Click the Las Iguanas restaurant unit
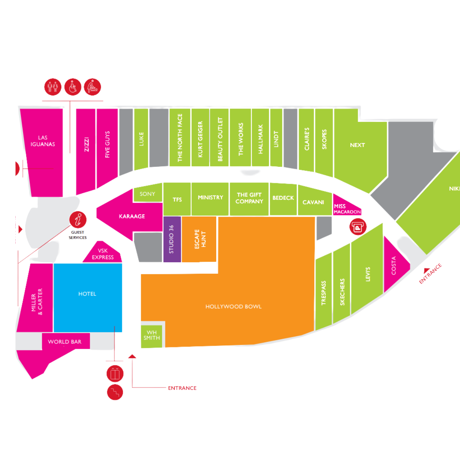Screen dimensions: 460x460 coord(43,146)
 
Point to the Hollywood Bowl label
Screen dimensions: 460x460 coord(233,307)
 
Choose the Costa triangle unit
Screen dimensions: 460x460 coord(394,265)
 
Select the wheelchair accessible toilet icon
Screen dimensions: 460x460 coord(73,87)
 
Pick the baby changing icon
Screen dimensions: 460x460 coord(92,87)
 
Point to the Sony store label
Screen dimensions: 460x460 coord(147,194)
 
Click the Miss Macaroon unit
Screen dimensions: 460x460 coord(347,209)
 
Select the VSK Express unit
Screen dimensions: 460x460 coord(103,254)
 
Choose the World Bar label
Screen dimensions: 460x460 coord(65,342)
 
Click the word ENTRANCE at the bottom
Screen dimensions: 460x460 coord(182,388)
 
